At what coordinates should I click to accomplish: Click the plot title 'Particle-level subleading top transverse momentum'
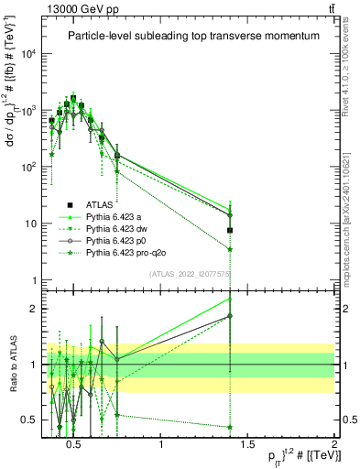193,36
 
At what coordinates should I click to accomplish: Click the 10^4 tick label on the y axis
29,54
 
